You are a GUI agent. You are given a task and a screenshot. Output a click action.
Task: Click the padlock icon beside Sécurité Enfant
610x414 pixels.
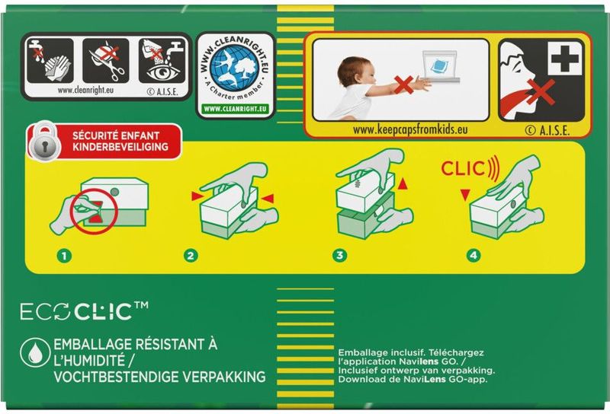(x=45, y=142)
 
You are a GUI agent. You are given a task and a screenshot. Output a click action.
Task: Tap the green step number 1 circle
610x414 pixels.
(x=64, y=256)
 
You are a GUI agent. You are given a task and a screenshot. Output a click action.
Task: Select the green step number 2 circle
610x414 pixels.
(x=191, y=256)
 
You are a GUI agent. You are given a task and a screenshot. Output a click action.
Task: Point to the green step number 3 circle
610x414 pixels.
(x=339, y=255)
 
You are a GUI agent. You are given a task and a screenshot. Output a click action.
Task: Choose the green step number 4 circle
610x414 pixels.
(x=473, y=255)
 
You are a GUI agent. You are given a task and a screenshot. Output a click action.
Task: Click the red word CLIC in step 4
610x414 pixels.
(x=463, y=169)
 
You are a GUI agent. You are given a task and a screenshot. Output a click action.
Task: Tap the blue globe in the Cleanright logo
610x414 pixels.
(x=234, y=68)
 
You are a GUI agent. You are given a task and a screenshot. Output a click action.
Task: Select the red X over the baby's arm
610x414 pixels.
(x=403, y=85)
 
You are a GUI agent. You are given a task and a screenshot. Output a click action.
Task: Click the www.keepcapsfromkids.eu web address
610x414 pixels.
(x=410, y=129)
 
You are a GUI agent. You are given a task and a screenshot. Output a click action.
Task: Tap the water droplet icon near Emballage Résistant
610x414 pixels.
(x=35, y=352)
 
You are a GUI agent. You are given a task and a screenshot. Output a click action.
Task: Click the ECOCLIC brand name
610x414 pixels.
(x=84, y=310)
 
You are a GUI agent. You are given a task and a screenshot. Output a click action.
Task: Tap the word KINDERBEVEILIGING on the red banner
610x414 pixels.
(x=120, y=147)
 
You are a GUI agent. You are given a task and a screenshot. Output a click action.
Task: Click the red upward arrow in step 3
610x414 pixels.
(x=403, y=183)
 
